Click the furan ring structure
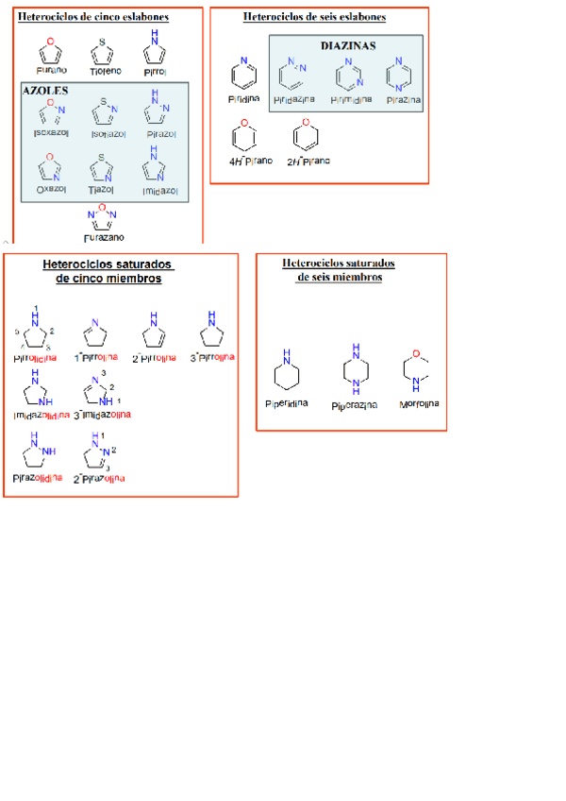[53, 49]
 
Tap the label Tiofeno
[106, 71]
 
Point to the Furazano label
[104, 238]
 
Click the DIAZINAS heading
[348, 44]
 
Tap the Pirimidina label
[349, 99]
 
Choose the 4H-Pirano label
[251, 161]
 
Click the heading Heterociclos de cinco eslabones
[94, 17]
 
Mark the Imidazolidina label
[40, 415]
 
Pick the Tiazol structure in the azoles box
[102, 170]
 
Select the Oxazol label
[51, 189]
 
